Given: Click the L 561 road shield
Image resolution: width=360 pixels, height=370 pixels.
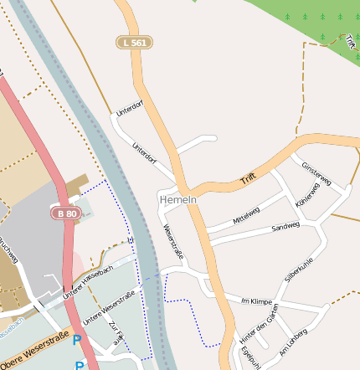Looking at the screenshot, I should tap(134, 42).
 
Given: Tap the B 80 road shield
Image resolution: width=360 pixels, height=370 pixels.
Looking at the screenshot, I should tap(67, 213).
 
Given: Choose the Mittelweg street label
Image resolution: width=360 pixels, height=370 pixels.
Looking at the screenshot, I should tap(246, 213).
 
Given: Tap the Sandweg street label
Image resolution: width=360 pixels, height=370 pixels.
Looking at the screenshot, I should tap(285, 227).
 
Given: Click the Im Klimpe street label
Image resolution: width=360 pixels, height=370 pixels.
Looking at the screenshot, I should tap(257, 301).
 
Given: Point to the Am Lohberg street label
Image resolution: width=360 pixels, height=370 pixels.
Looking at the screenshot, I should tap(293, 343).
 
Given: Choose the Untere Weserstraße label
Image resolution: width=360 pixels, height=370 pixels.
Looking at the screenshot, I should tap(108, 307).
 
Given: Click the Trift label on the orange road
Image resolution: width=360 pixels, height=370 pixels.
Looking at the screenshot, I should tap(247, 177).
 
